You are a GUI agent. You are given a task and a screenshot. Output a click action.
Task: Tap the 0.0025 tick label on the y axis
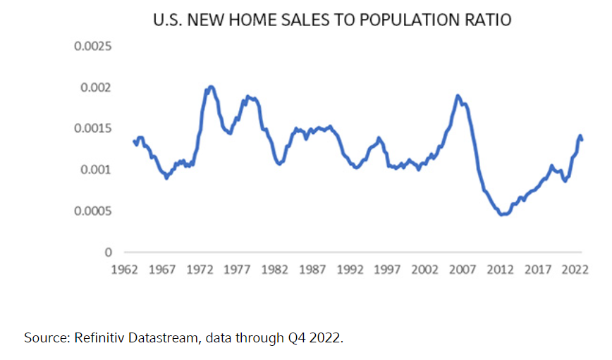click(x=93, y=47)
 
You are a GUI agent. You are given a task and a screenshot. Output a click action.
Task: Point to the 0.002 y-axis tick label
click(x=96, y=88)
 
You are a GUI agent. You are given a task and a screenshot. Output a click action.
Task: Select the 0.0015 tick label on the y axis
click(x=93, y=129)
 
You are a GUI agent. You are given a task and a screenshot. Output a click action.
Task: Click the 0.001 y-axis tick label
click(x=96, y=170)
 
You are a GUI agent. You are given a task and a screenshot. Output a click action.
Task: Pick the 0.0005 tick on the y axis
click(x=93, y=211)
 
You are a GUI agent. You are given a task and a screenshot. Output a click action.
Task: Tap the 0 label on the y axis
click(x=109, y=252)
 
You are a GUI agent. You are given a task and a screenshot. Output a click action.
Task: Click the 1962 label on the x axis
click(x=125, y=269)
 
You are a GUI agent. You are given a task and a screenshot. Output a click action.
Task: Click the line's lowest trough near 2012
click(x=503, y=214)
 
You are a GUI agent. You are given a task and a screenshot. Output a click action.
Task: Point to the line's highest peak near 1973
click(x=211, y=87)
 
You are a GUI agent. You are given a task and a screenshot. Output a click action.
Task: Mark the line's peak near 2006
click(x=458, y=95)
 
